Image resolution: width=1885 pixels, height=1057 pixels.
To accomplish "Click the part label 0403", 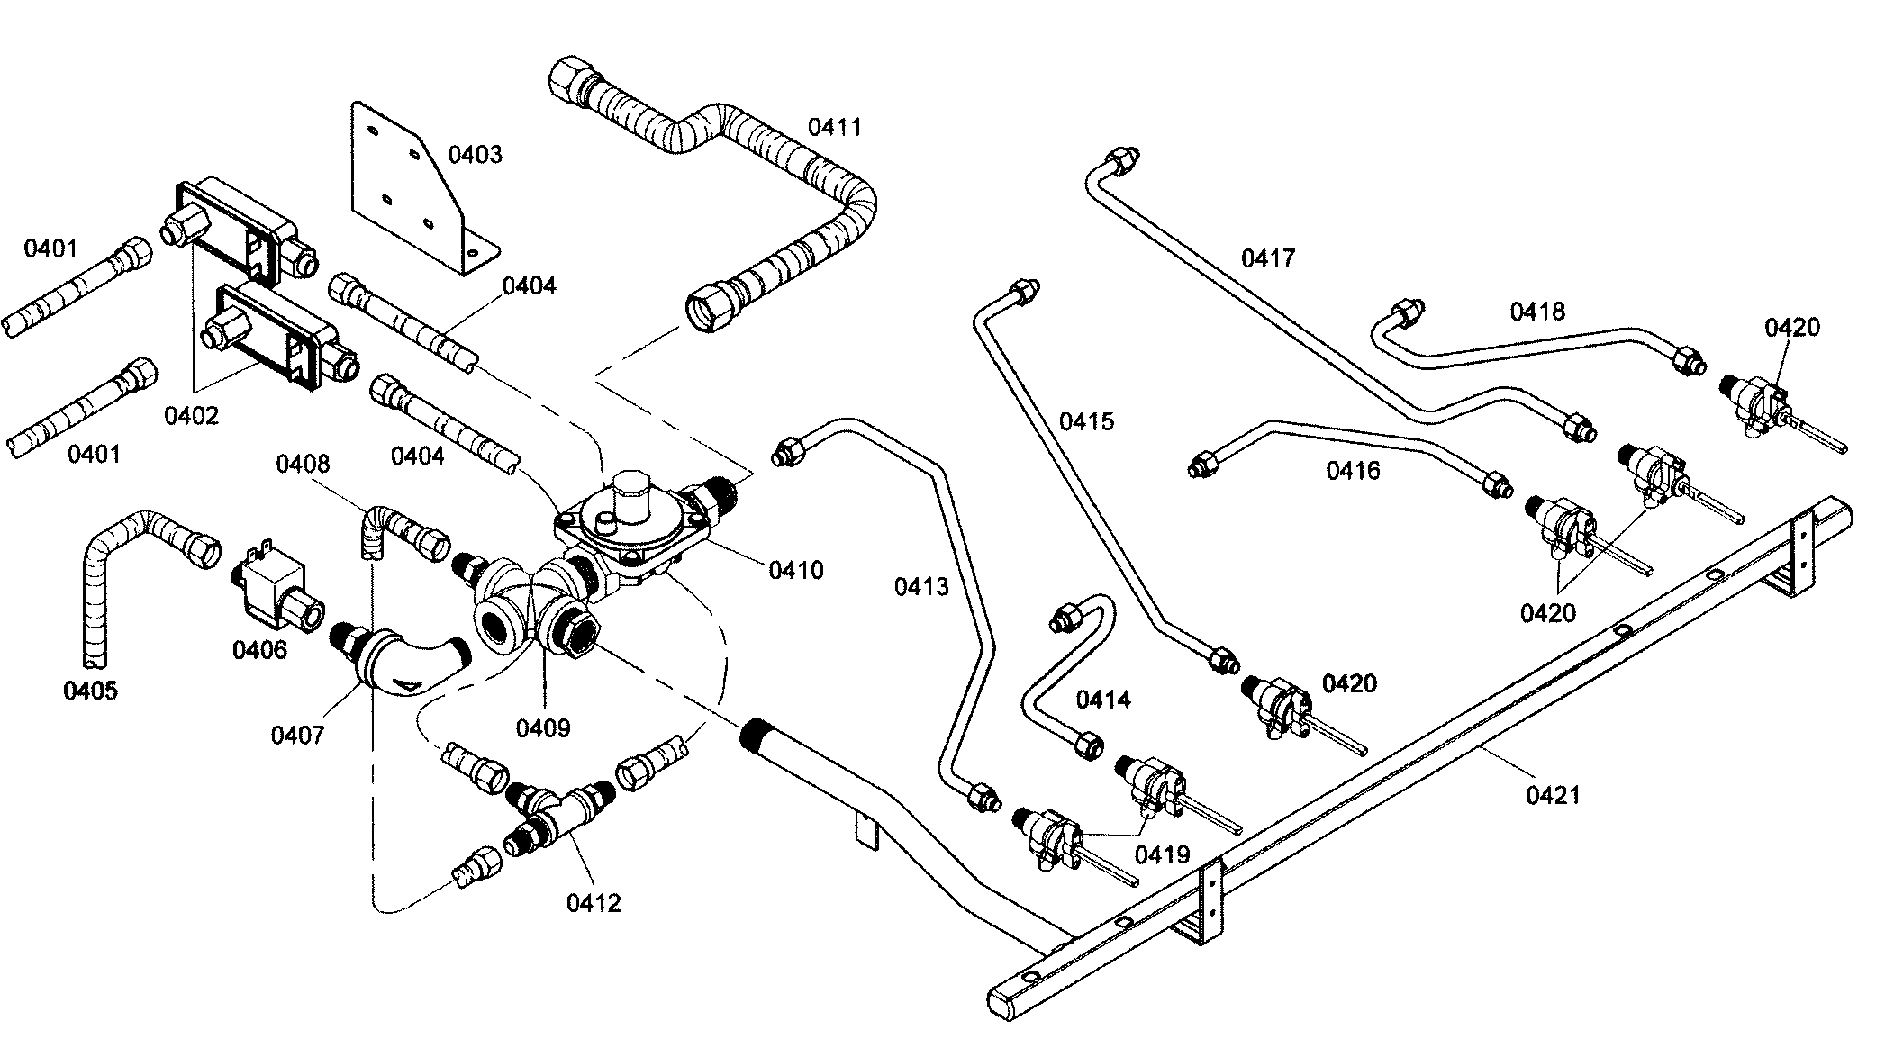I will click(475, 155).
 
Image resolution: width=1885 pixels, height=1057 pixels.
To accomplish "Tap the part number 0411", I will click(834, 127).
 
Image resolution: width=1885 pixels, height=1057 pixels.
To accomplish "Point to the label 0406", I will click(259, 649).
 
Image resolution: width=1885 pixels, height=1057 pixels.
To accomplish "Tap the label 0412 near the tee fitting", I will click(594, 903).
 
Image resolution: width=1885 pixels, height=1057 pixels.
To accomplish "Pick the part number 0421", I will click(1553, 795).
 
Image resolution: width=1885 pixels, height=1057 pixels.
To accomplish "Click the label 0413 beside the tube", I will click(921, 587).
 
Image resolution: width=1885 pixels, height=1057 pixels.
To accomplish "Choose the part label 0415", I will click(1086, 420).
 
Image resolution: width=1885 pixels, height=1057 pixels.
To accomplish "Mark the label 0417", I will click(1267, 258).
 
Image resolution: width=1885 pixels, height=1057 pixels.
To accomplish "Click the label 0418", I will click(1537, 312).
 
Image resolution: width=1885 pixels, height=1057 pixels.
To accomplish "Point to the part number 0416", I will click(1352, 470).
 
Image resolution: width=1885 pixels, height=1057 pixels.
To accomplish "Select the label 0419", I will click(1162, 854).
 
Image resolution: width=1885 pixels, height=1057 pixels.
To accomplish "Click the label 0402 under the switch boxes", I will click(191, 416).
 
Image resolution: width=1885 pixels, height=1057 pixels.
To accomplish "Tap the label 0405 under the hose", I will click(90, 691).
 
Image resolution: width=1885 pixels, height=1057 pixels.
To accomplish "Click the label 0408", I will click(303, 465).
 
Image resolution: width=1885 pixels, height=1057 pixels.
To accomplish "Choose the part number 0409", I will click(543, 727).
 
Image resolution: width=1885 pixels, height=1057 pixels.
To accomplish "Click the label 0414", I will click(1103, 699).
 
